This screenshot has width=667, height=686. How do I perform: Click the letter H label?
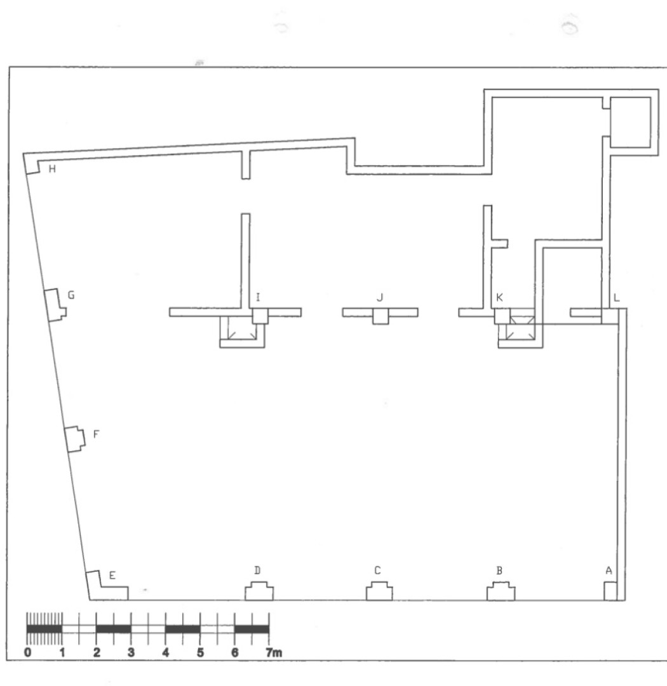click(52, 169)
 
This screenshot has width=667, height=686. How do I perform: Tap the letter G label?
click(71, 295)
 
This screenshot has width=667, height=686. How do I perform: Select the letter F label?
click(97, 434)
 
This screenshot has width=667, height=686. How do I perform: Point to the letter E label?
click(112, 575)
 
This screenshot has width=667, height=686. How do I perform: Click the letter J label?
click(380, 297)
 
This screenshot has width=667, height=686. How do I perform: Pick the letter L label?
click(617, 297)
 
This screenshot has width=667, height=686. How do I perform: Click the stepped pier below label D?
click(259, 591)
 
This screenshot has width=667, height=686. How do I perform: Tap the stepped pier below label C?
click(379, 591)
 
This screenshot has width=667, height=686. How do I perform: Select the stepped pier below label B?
click(501, 591)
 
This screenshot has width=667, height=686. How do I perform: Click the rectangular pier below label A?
click(610, 591)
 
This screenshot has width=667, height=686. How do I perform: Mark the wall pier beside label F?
click(75, 440)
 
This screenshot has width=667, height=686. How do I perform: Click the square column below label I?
click(260, 316)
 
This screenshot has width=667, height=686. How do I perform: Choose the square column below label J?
click(381, 316)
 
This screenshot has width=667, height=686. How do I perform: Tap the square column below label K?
click(502, 316)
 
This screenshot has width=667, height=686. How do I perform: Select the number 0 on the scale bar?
click(27, 653)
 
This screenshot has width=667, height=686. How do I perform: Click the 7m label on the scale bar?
click(274, 653)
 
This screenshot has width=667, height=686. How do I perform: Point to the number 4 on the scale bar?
click(165, 653)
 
